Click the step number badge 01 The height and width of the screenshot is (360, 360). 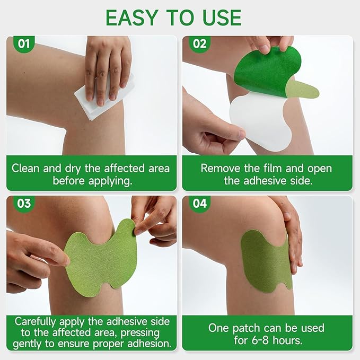24,43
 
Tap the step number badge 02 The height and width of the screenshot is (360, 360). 199,43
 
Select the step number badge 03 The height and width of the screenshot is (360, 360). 24,204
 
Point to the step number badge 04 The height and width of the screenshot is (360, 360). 200,204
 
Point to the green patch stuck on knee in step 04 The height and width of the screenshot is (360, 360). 265,260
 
